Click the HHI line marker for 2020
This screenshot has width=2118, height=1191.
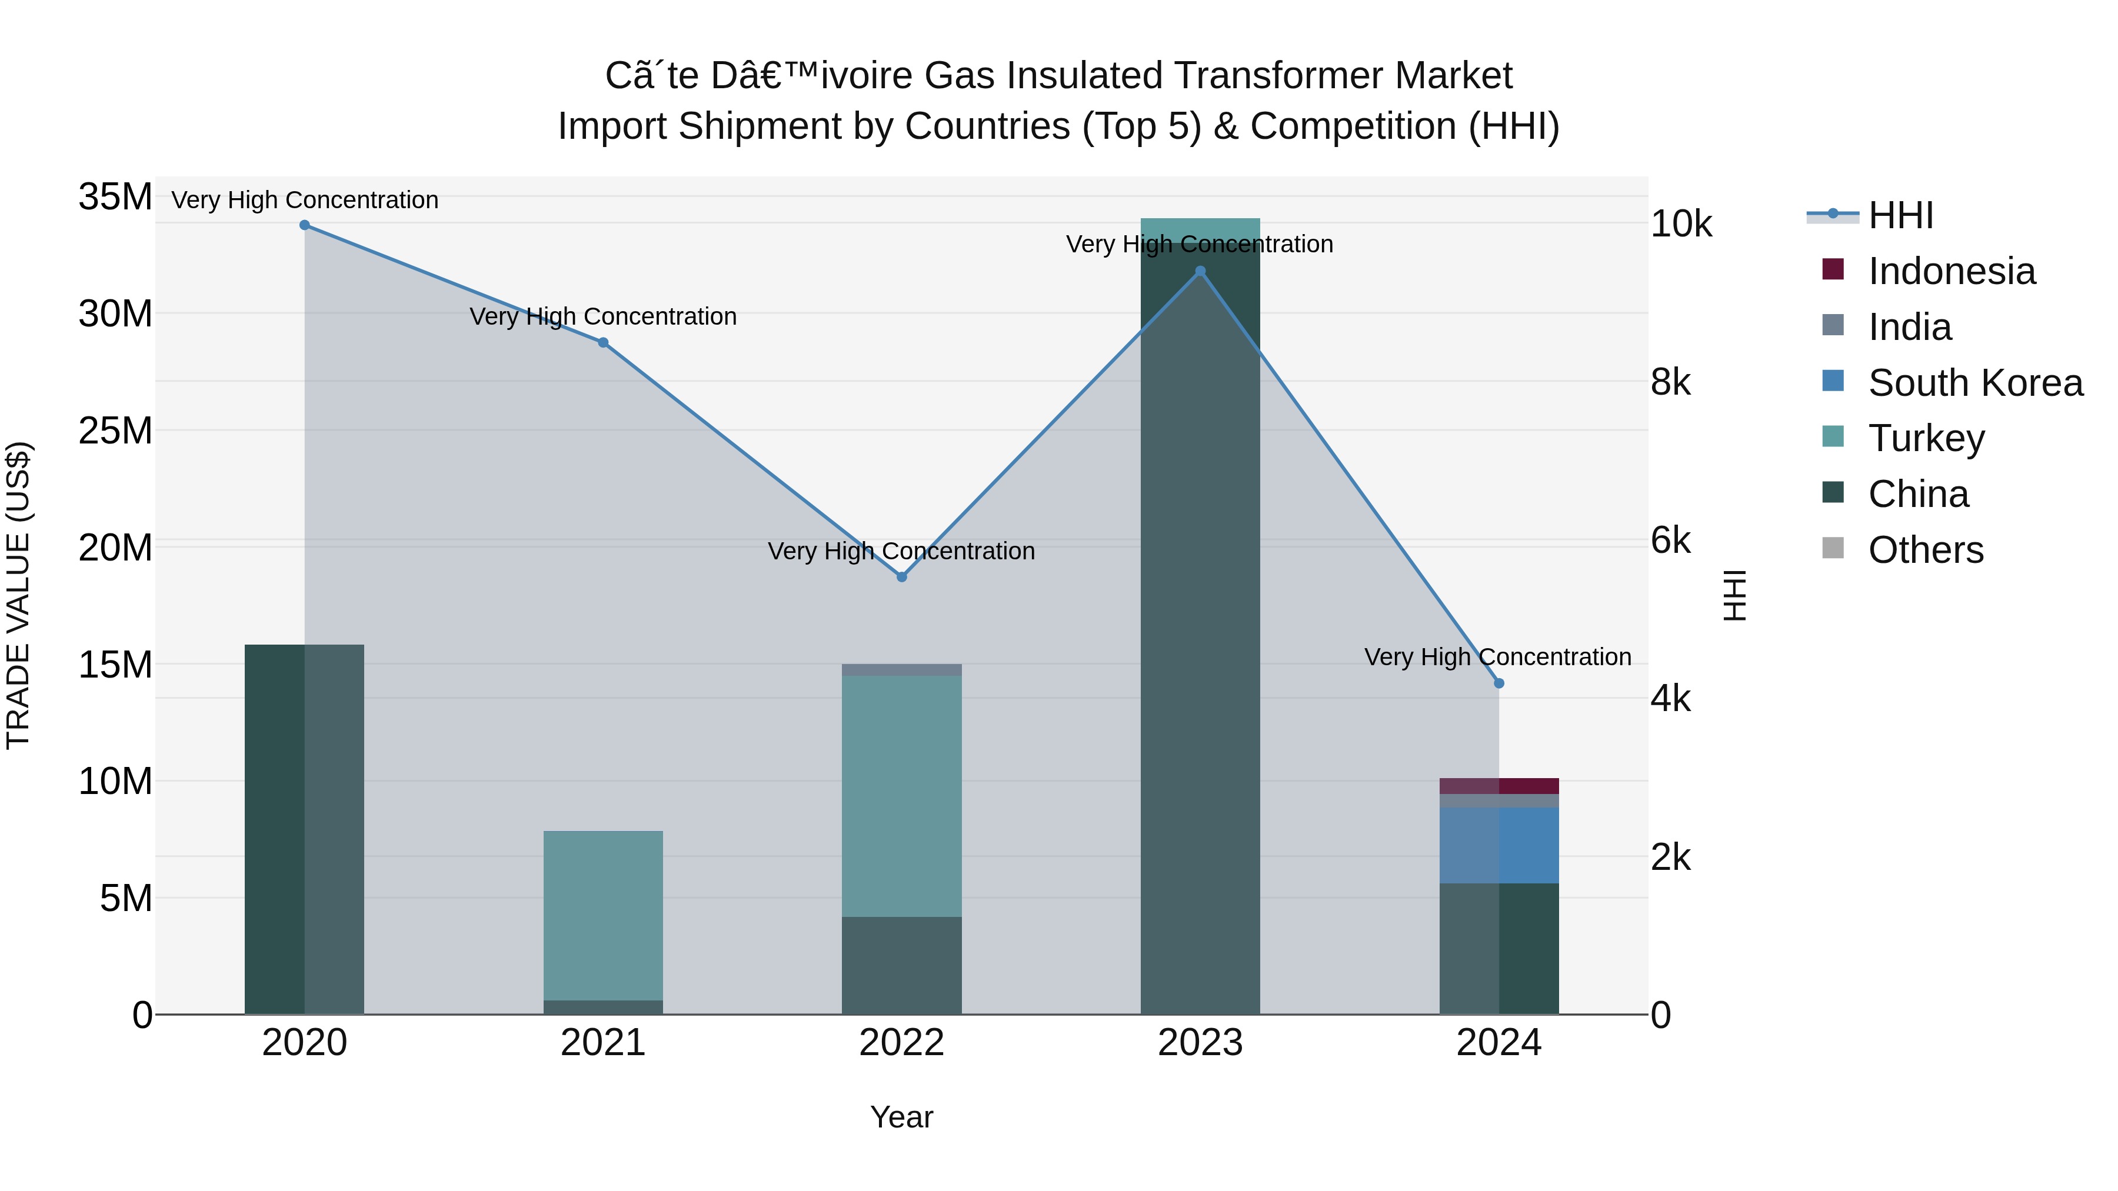tap(304, 225)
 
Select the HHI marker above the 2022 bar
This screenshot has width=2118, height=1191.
tap(901, 577)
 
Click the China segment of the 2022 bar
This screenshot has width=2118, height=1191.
tap(901, 965)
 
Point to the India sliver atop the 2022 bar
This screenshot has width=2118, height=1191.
tap(901, 670)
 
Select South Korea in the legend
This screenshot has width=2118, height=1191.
tap(1975, 383)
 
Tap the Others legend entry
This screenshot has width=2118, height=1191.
tap(1925, 550)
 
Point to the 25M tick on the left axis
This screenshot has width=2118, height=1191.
tap(115, 431)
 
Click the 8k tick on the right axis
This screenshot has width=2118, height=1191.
tap(1671, 382)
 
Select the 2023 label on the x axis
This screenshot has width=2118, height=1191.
tap(1200, 1043)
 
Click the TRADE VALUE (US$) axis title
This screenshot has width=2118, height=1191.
tap(19, 595)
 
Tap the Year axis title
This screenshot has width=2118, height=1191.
tap(901, 1117)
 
